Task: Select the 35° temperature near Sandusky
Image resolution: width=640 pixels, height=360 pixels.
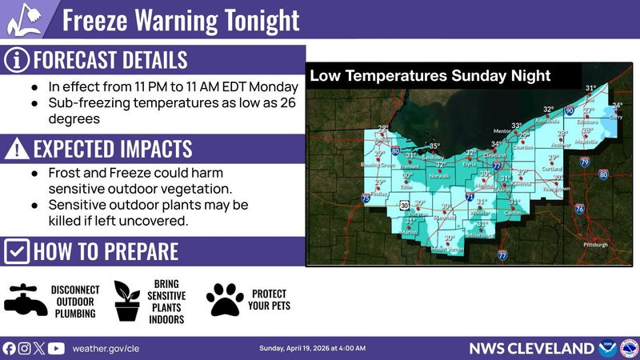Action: [x=434, y=146]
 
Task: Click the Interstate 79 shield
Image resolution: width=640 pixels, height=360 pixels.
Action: [x=584, y=162]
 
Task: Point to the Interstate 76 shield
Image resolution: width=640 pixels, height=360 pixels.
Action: [x=578, y=209]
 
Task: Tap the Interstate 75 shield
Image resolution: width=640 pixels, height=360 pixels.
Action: [x=366, y=198]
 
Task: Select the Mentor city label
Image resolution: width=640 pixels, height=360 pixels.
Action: [x=502, y=130]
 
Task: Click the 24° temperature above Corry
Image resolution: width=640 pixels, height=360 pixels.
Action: [x=617, y=106]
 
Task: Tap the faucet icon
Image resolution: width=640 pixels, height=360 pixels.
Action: [x=26, y=300]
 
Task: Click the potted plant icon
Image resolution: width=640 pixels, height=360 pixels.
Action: [x=127, y=301]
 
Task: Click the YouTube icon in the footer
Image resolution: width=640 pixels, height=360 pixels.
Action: [x=56, y=348]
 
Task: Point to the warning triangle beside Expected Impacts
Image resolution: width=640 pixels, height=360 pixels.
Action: [x=17, y=149]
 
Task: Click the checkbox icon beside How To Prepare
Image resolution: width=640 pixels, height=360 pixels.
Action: [x=17, y=251]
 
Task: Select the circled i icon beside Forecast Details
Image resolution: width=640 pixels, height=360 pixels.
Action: [x=17, y=60]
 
